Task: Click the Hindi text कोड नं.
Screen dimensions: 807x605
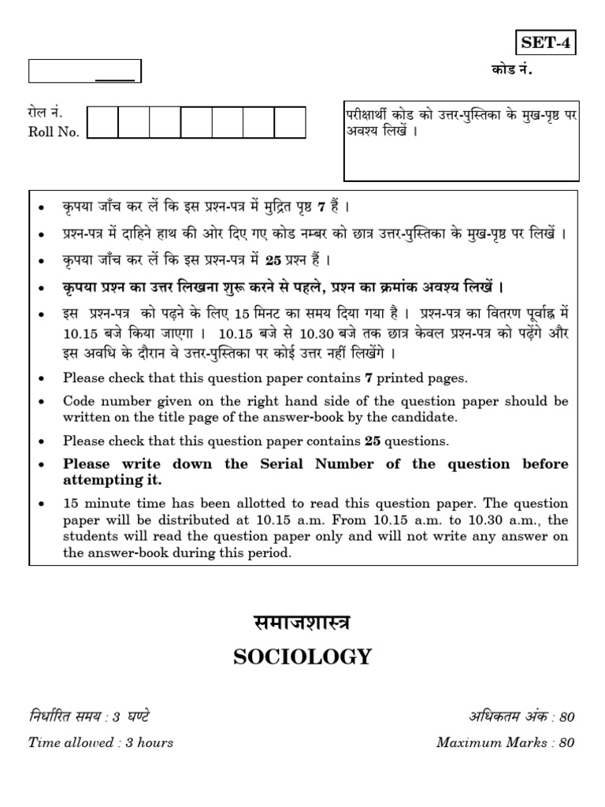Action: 511,71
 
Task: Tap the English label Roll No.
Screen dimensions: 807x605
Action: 54,132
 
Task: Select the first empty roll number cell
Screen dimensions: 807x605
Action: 102,123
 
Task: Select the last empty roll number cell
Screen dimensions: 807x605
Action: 289,123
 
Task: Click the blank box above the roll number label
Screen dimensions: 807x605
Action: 84,72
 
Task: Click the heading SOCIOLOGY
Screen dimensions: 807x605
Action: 302,657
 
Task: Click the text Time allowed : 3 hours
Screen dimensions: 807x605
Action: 101,742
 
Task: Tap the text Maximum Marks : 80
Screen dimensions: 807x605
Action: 506,742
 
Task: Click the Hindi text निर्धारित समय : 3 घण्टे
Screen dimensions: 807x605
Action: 89,716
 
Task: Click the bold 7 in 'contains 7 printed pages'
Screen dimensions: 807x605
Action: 368,378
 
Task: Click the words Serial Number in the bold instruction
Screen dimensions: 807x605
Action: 315,463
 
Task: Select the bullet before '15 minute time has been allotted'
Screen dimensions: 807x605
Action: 40,504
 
